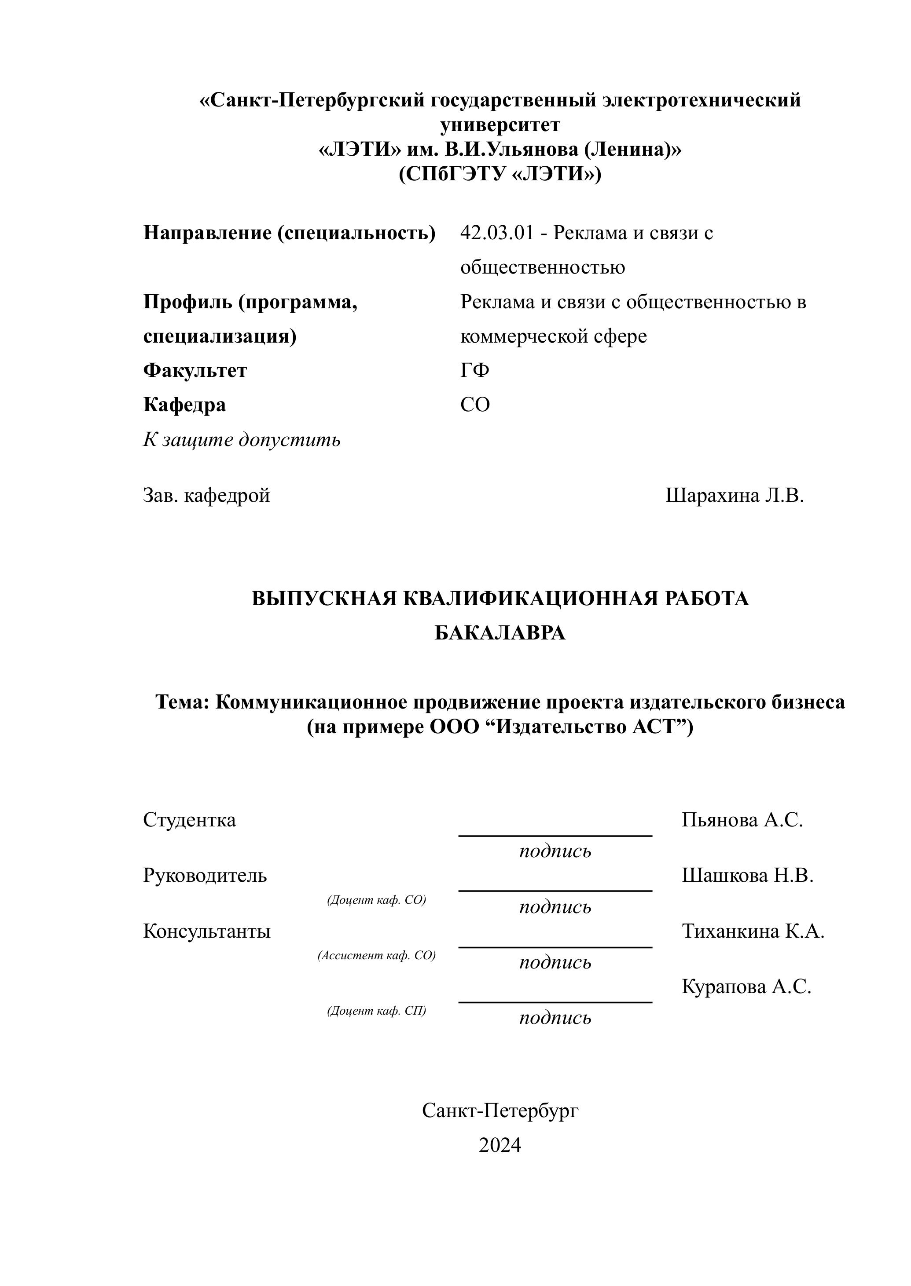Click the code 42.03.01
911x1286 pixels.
496,233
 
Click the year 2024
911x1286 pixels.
500,1145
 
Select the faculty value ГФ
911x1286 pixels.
474,371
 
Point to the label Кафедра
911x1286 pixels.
184,405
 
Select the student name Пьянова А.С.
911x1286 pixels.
742,820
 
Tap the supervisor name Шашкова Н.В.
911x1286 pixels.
747,875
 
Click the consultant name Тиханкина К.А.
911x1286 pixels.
753,931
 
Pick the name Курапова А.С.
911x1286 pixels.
746,986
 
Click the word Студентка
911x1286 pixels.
190,820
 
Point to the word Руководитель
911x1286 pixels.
205,875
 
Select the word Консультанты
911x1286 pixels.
206,931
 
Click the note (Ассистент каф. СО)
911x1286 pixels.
376,955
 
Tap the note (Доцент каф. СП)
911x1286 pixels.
376,1011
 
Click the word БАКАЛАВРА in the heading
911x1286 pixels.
500,633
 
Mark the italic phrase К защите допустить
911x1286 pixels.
242,439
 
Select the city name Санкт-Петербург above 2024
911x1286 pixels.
500,1110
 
